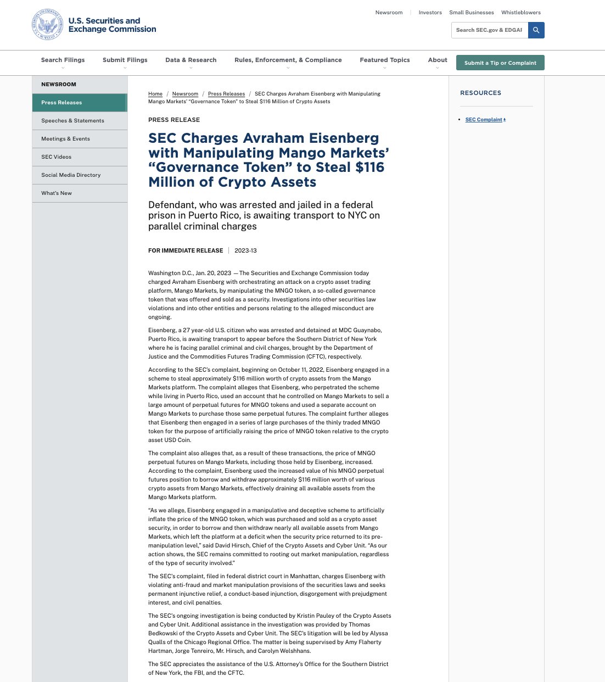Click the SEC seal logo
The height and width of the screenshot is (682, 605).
pyautogui.click(x=48, y=25)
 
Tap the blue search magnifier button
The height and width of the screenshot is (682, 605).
pyautogui.click(x=536, y=30)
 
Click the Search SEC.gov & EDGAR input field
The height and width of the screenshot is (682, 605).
pyautogui.click(x=489, y=30)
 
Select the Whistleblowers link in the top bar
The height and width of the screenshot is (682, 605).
pyautogui.click(x=520, y=13)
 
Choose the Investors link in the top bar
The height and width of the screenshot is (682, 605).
pyautogui.click(x=430, y=13)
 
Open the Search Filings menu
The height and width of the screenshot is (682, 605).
pyautogui.click(x=63, y=60)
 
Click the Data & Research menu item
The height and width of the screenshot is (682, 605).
pyautogui.click(x=191, y=60)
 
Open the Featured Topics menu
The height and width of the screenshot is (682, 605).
pyautogui.click(x=384, y=60)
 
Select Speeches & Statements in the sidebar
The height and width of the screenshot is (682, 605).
pyautogui.click(x=72, y=121)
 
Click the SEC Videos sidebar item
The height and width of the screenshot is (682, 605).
pyautogui.click(x=56, y=157)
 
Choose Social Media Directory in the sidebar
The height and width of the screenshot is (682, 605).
pyautogui.click(x=71, y=175)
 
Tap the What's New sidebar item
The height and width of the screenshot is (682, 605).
pyautogui.click(x=57, y=193)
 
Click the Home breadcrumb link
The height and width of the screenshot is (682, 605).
pyautogui.click(x=155, y=94)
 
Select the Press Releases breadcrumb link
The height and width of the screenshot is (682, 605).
pyautogui.click(x=226, y=94)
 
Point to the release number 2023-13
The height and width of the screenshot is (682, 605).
pyautogui.click(x=245, y=250)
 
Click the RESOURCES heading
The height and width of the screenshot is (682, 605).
pyautogui.click(x=480, y=93)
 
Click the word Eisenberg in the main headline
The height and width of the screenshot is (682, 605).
pyautogui.click(x=343, y=138)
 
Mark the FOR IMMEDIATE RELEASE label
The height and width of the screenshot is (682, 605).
pyautogui.click(x=186, y=250)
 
